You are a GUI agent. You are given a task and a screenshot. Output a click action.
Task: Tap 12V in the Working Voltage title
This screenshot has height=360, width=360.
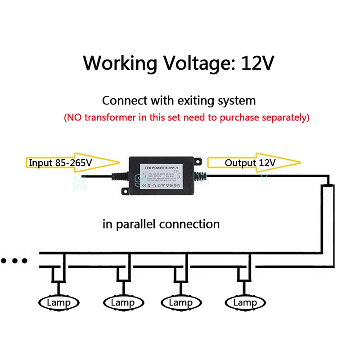pos(257,63)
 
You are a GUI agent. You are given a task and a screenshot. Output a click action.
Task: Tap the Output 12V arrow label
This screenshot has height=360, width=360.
pos(250,162)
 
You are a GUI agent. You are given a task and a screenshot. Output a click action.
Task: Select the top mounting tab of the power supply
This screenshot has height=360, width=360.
pos(197,161)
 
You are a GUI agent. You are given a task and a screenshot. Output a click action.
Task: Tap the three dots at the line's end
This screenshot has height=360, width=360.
pos(14,261)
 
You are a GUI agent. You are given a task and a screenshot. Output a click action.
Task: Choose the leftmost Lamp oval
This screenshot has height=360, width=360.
pos(58,302)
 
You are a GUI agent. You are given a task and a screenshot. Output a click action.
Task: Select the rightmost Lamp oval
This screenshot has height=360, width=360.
pos(245,302)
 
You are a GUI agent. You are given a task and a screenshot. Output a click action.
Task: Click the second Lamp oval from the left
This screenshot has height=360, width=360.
pos(122,302)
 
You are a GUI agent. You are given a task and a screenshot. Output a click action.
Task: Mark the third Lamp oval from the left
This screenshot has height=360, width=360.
pos(180,302)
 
